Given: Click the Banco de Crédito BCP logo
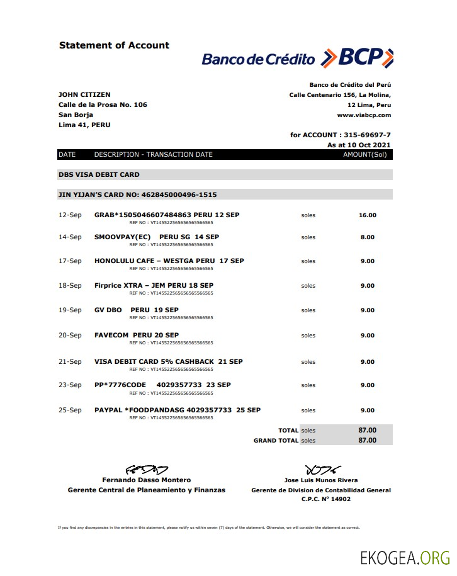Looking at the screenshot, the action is (297, 58).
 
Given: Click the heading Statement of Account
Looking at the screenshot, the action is (114, 45).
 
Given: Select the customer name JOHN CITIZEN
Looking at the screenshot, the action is (84, 94).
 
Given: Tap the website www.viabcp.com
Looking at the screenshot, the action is (364, 115).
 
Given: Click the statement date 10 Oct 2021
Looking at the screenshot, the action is (368, 145).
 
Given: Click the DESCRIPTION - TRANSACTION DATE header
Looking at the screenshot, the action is (154, 154).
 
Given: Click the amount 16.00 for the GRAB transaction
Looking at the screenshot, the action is (367, 215).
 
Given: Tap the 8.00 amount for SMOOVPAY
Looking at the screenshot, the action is (367, 237).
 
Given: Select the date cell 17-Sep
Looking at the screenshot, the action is (70, 261).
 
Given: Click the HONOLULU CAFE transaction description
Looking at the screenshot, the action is (169, 261).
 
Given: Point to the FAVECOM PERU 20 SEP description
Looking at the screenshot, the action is (137, 335).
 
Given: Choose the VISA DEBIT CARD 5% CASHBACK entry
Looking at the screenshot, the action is (168, 361).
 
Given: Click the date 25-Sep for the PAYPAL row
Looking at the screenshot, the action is (70, 410).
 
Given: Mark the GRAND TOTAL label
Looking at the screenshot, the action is (276, 441).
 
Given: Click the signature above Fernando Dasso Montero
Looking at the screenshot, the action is (147, 470).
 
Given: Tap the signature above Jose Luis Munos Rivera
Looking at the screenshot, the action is (322, 470).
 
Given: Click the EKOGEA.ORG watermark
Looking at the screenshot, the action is (405, 558).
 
